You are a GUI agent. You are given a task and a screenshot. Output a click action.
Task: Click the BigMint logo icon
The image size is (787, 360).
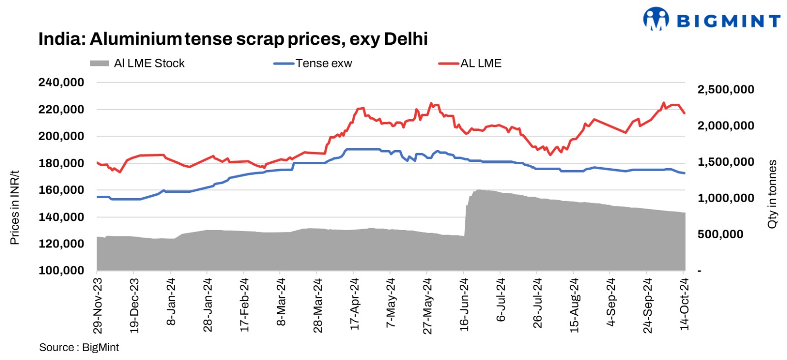point(656,19)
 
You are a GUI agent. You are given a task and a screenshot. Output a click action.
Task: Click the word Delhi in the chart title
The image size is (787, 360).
point(406,39)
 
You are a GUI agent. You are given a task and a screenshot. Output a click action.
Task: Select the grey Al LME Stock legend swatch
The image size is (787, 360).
point(99,63)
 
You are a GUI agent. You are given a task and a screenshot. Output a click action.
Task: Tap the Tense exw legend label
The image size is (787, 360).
point(324,63)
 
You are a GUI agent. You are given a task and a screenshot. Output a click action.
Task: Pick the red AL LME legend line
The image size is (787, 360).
point(449,63)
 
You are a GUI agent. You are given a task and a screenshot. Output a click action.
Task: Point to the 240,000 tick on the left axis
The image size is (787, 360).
point(61,83)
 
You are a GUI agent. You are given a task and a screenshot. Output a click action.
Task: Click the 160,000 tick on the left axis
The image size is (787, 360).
point(61,190)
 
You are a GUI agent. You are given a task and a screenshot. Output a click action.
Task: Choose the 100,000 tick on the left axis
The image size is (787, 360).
point(61,270)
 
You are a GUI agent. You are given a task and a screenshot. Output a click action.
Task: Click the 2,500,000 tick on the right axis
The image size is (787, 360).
point(726,90)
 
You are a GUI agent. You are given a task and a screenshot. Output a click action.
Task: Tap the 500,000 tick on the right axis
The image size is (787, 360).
point(720,234)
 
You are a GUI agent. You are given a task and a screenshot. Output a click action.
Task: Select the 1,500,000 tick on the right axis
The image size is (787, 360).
point(726,162)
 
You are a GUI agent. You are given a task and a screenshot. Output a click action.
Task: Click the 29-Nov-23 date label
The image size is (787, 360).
point(97,305)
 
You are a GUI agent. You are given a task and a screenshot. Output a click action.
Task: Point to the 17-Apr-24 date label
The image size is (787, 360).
point(355,304)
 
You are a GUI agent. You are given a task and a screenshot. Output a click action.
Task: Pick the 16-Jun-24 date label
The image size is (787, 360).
point(464,304)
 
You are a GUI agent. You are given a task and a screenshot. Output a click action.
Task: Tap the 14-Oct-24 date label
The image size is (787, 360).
point(684,304)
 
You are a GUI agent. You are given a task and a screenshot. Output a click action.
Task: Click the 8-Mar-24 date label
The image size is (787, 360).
point(281,301)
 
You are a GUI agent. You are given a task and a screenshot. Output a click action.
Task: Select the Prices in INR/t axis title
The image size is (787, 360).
point(15,208)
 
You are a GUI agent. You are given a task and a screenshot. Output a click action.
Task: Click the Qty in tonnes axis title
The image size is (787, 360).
point(772,194)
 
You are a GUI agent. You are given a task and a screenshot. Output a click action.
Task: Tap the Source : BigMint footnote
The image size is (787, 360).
point(79,347)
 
